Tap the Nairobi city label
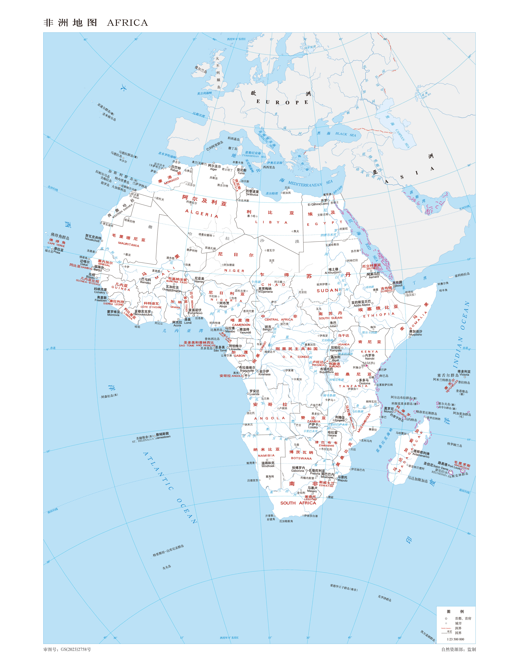pos(370,358)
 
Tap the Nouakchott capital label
pos(92,240)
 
